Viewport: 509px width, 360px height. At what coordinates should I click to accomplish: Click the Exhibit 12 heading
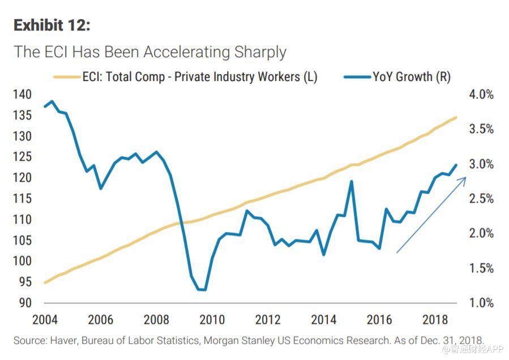[x=52, y=25]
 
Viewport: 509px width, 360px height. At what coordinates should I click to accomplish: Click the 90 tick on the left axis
[x=24, y=303]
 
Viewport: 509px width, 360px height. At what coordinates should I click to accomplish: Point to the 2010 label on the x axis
[x=212, y=319]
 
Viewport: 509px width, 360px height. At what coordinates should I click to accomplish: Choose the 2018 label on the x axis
[x=435, y=319]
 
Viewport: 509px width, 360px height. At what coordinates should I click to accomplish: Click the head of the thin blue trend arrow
[x=465, y=178]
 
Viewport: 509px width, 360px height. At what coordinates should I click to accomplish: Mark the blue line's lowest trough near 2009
[x=201, y=290]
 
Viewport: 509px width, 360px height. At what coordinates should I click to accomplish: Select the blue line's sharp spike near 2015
[x=352, y=182]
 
